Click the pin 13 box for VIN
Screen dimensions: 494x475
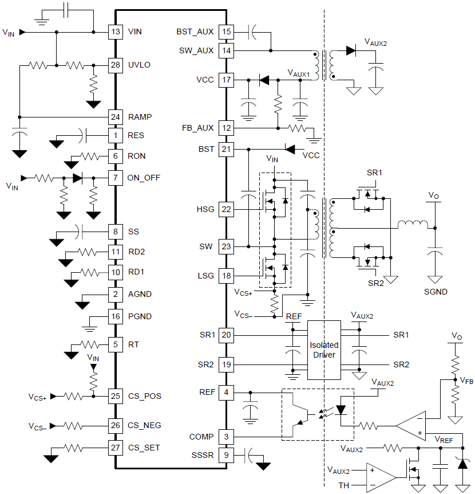click(116, 32)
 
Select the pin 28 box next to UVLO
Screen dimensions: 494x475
click(116, 65)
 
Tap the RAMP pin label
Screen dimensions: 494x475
click(140, 117)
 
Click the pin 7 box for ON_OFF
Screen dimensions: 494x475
click(116, 178)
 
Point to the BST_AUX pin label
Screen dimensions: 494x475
click(195, 32)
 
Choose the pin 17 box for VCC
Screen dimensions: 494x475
click(227, 80)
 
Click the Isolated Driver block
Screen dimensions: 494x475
click(324, 350)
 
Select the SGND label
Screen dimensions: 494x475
click(436, 292)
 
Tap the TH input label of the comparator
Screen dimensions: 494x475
click(343, 486)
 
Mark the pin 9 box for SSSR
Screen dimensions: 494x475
click(227, 456)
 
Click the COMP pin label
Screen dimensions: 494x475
click(201, 437)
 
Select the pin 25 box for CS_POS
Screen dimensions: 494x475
click(116, 396)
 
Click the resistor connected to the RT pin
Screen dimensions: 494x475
click(90, 345)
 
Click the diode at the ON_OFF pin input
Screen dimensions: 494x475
click(78, 178)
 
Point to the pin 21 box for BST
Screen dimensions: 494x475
click(227, 149)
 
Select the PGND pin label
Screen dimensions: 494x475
click(140, 316)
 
